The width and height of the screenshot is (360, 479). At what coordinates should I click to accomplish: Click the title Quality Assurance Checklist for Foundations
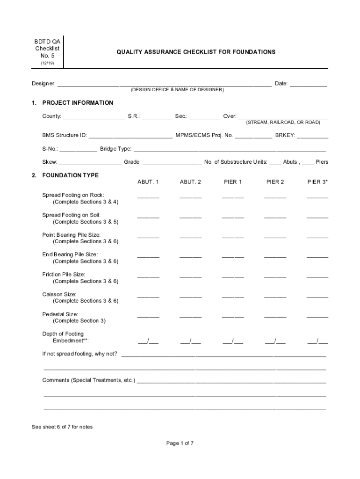coord(196,52)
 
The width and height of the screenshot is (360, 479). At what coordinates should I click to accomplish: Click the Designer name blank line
coord(164,85)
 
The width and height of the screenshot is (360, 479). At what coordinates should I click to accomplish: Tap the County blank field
coord(94,117)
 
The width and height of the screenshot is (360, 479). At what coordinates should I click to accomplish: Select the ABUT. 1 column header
coord(148,182)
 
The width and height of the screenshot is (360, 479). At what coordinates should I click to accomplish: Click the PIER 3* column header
coord(317,182)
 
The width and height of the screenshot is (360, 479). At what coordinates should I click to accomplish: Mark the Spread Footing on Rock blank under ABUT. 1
coord(148,197)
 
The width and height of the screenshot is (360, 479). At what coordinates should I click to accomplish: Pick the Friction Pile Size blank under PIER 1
coord(233,276)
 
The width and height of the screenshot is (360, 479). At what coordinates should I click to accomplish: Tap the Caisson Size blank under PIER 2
coord(275,296)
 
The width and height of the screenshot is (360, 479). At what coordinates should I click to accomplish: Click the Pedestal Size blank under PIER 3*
coord(317,316)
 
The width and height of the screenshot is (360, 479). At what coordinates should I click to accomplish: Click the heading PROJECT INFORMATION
coord(78,103)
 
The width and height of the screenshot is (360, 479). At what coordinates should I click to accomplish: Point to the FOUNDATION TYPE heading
coord(70,175)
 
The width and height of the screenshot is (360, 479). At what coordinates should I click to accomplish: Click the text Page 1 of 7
coord(180,443)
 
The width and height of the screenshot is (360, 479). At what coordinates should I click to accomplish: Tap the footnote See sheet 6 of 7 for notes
coord(62,427)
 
